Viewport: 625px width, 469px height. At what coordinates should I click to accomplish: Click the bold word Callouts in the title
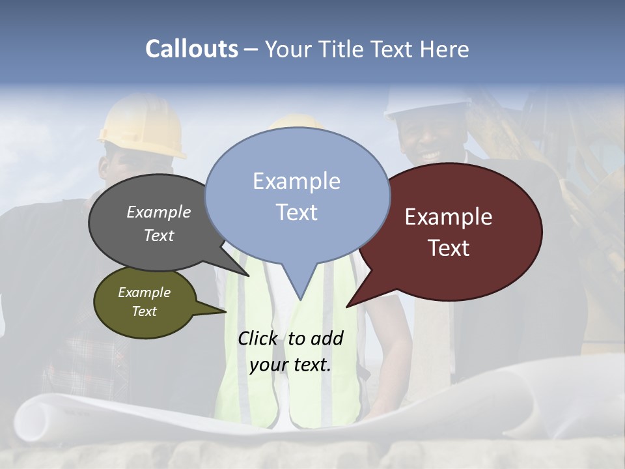click(x=191, y=49)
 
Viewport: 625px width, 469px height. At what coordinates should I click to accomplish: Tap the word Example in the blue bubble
click(x=296, y=181)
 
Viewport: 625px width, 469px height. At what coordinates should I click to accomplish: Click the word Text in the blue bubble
click(x=296, y=212)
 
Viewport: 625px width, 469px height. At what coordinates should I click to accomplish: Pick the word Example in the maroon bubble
click(x=449, y=217)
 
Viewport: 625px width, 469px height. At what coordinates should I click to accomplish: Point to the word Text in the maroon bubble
click(x=449, y=248)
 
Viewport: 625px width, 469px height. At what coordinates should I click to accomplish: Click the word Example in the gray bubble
click(x=159, y=212)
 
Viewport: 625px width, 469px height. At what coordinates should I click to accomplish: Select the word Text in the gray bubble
click(x=159, y=235)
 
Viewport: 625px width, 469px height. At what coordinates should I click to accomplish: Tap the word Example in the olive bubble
click(x=145, y=292)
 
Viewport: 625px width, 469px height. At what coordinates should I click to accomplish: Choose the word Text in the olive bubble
click(x=145, y=311)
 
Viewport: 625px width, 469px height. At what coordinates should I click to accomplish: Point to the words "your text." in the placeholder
click(x=290, y=365)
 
